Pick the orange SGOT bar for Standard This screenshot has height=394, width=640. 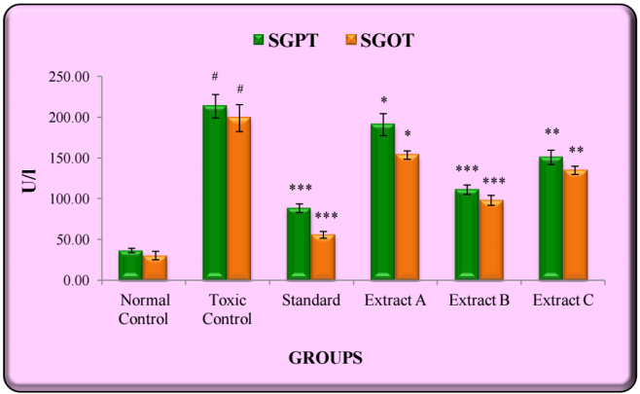[x=322, y=258]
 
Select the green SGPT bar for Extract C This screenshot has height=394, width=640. [x=551, y=219]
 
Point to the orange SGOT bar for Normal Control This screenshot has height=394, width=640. [x=155, y=269]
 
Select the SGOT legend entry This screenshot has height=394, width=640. [x=379, y=40]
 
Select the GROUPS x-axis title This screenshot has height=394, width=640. [x=326, y=358]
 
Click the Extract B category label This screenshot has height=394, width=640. [x=478, y=301]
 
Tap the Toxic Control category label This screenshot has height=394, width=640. [x=227, y=309]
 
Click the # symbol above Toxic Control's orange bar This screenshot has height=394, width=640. [x=239, y=90]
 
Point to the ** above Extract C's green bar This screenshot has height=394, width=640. [x=551, y=133]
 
